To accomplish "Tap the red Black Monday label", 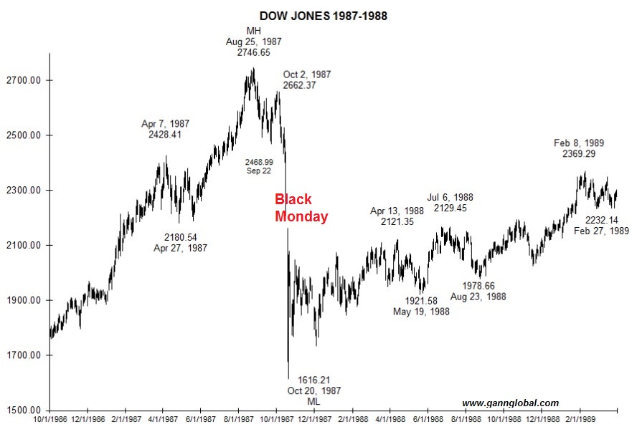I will [x=301, y=208].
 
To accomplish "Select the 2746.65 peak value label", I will [x=254, y=53].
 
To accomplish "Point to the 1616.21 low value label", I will [x=315, y=380].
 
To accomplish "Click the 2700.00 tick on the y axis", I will [x=24, y=80].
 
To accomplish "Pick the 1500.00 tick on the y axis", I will [x=24, y=411].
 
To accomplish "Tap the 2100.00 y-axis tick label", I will [x=24, y=246].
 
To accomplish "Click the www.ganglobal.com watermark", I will [x=510, y=403].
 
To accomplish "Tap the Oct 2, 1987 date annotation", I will [x=307, y=75].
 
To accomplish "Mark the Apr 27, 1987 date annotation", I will [x=180, y=249].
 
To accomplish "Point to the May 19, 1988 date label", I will [x=422, y=312].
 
